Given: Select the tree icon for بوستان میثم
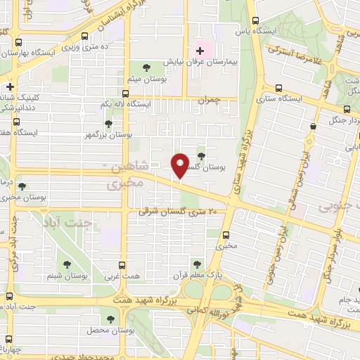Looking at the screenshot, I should (146, 67).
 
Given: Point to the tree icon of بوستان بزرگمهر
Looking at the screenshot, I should (108, 123).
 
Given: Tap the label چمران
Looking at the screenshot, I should (210, 101).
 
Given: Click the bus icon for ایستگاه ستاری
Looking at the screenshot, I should (279, 89).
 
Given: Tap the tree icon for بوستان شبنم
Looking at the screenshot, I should (67, 264).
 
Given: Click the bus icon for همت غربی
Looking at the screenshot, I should (122, 265).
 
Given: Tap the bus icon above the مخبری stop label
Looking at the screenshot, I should (226, 236).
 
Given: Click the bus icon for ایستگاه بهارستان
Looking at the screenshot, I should (20, 41).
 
